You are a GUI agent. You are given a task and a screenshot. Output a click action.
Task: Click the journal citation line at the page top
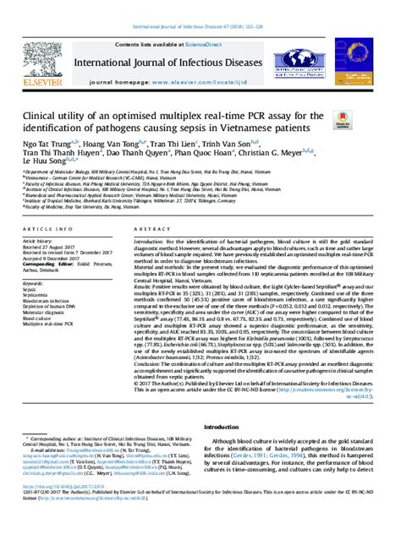200,8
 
